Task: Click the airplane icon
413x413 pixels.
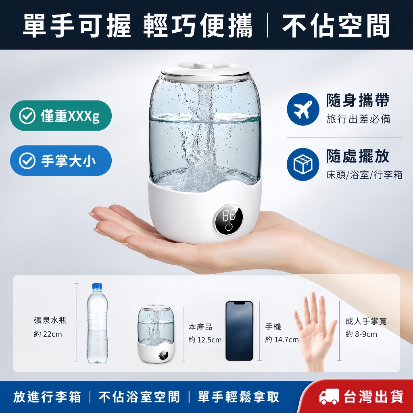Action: [303, 109]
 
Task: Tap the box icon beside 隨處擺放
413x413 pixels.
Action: [303, 165]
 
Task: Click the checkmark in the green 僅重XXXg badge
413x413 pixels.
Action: [27, 116]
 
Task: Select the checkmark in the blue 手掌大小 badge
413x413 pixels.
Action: [27, 161]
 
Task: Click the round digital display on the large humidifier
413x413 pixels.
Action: [227, 219]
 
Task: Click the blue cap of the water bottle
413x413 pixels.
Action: [97, 287]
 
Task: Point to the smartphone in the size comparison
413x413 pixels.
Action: [239, 331]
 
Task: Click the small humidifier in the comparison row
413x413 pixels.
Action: [156, 333]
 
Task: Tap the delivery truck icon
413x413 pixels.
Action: [329, 397]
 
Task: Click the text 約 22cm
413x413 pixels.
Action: [48, 334]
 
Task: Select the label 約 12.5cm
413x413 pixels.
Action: [205, 340]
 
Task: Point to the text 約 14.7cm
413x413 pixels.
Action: [282, 340]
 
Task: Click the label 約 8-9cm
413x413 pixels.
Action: [361, 334]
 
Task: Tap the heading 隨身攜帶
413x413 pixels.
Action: [358, 100]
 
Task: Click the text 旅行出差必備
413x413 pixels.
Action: [358, 119]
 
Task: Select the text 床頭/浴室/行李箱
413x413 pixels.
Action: [364, 175]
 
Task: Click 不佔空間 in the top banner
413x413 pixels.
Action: [336, 25]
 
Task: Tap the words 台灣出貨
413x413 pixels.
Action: [373, 397]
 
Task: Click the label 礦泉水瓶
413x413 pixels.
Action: [50, 320]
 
